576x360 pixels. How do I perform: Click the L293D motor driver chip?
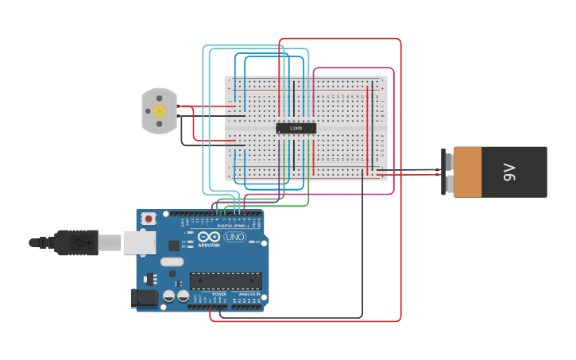(296, 128)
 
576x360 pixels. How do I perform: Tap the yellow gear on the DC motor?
(159, 110)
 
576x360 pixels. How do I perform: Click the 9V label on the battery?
(508, 172)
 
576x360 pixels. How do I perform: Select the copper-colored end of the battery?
(467, 172)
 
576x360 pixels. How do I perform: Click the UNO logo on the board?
(234, 237)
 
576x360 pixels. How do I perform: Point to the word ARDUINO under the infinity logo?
(210, 246)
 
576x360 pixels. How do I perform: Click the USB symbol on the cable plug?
(78, 242)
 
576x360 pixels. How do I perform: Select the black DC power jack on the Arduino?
(143, 298)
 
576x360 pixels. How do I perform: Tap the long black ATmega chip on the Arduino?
(226, 281)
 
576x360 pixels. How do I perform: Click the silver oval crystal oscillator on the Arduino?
(172, 261)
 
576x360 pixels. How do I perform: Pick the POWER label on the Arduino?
(219, 294)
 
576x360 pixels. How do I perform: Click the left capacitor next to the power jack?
(169, 296)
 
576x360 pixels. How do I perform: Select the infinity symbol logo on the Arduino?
(210, 237)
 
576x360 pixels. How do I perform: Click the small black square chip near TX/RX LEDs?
(195, 246)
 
